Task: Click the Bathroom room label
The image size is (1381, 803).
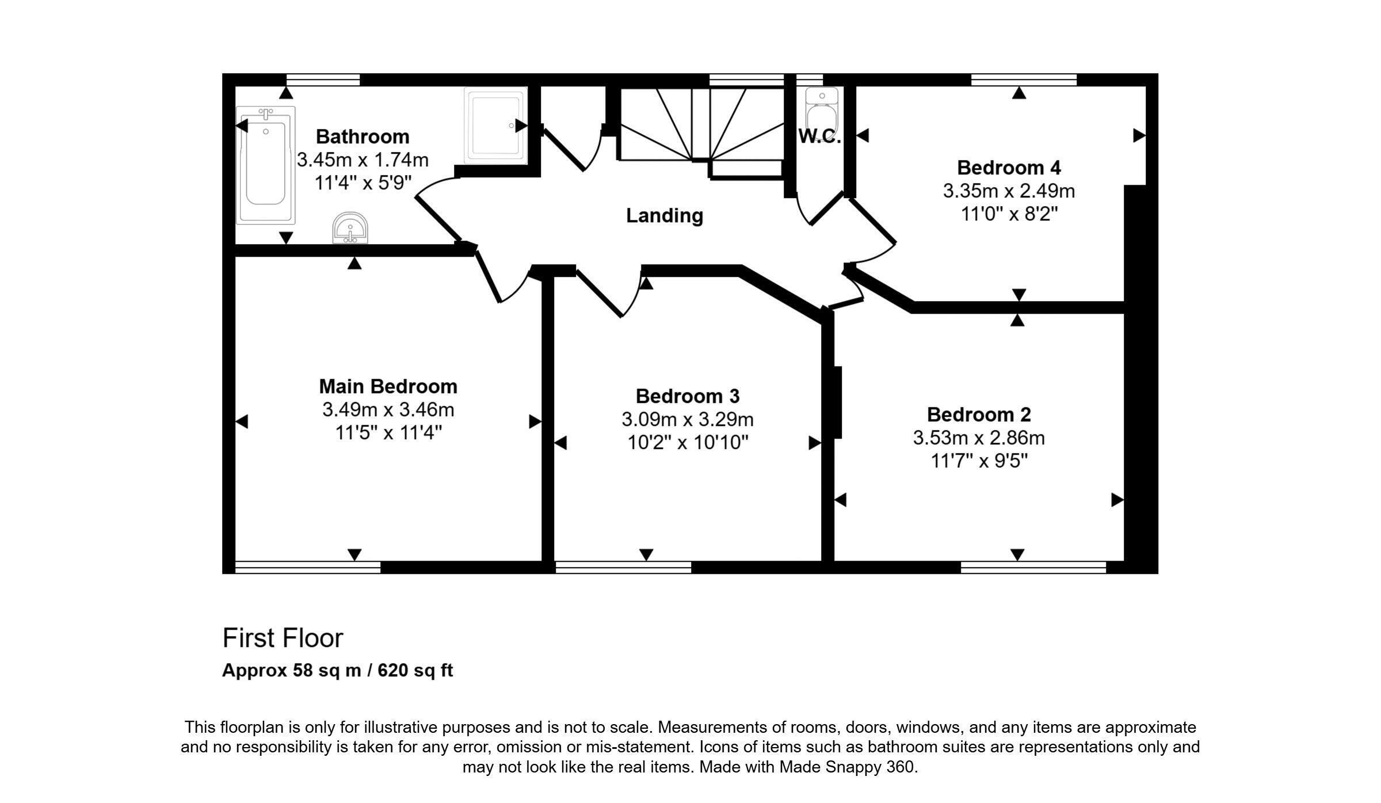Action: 363,137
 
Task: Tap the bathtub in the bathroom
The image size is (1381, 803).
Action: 265,165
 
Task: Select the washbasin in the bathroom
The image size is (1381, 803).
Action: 350,228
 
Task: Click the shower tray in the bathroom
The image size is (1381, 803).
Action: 495,125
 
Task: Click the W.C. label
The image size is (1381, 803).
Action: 819,136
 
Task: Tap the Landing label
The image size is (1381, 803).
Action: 665,216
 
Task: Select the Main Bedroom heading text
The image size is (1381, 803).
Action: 388,386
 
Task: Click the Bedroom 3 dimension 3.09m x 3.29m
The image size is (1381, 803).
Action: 688,420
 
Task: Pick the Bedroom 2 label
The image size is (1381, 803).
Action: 979,414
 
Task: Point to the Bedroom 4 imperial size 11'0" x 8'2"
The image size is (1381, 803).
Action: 1009,214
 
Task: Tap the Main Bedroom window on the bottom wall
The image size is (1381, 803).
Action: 308,567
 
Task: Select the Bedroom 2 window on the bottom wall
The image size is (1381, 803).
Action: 1033,567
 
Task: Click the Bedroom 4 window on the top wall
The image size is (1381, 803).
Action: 1024,79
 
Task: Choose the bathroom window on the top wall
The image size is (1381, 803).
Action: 323,79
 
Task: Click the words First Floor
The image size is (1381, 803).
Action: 283,638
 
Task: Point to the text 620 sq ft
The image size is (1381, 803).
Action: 415,671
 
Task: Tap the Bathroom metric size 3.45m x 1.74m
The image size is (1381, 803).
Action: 363,159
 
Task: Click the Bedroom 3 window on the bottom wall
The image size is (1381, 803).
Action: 623,567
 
